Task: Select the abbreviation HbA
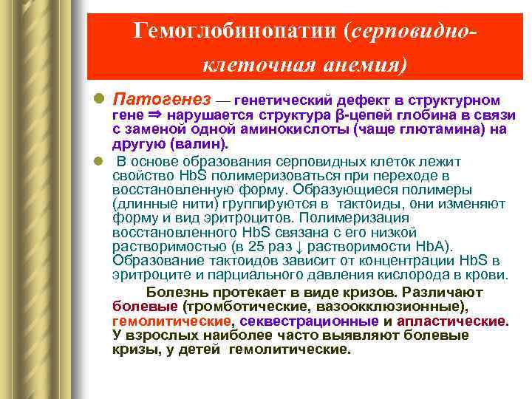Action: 433,246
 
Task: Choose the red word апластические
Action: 451,321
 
